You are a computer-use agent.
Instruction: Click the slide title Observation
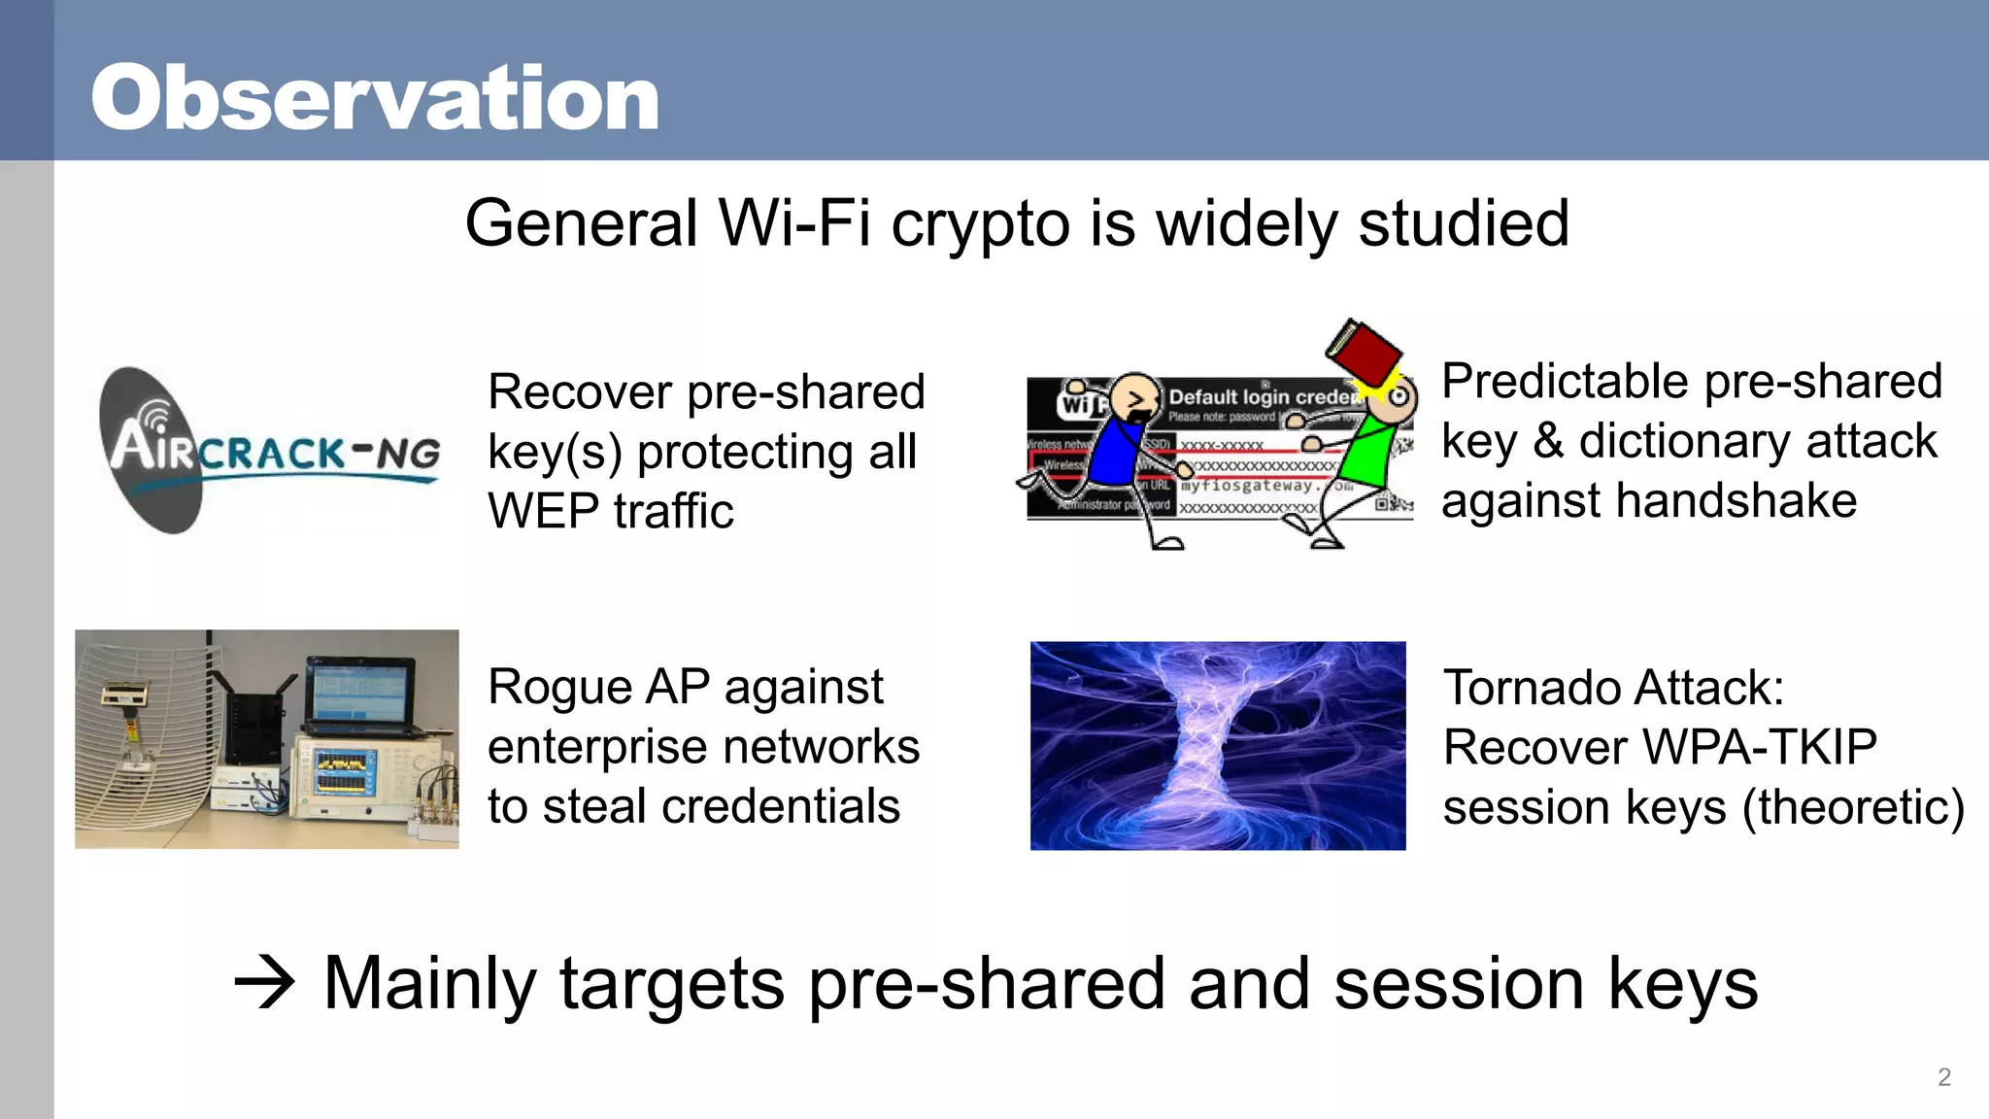tap(375, 98)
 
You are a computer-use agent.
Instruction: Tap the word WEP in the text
tap(543, 512)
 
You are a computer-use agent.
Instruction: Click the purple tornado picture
tap(1217, 745)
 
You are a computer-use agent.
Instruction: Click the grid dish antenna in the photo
tap(146, 738)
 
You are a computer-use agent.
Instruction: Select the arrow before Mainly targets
tap(264, 983)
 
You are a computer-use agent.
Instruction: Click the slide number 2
tap(1943, 1076)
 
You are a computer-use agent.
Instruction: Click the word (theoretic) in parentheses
tap(1853, 808)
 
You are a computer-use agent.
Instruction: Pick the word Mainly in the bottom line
tap(428, 983)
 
